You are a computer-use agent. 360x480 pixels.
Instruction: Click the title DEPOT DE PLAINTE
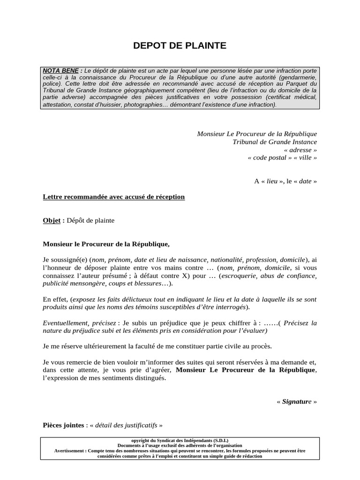(180, 45)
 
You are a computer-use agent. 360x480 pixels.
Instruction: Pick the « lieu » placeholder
(271, 181)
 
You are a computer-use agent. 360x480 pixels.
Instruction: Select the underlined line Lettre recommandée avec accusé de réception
(113, 197)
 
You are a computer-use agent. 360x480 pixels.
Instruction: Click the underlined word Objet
(52, 220)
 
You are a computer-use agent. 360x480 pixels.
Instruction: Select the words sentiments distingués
(135, 378)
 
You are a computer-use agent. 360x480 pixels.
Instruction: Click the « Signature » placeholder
(297, 402)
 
